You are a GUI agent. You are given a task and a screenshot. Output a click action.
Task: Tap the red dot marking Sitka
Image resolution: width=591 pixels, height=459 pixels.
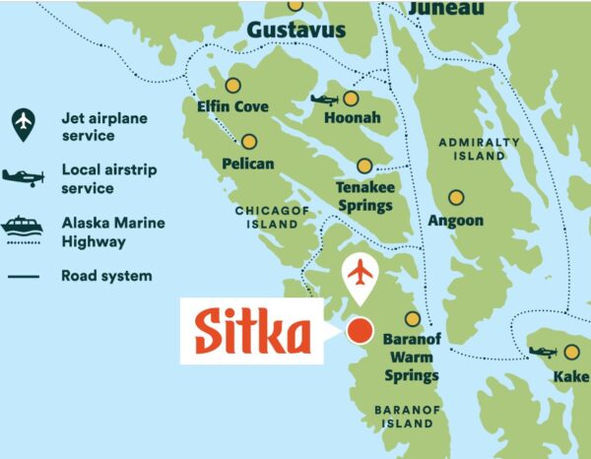[361, 330]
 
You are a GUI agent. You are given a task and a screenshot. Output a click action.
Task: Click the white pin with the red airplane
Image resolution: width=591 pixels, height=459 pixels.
[361, 275]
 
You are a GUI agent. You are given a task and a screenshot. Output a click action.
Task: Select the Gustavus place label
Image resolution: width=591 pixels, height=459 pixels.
[296, 31]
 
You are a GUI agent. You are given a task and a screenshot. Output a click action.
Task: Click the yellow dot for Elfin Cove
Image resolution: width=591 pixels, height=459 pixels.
[233, 85]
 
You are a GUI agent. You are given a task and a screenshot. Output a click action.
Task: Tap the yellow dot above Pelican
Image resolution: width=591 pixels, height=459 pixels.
[249, 141]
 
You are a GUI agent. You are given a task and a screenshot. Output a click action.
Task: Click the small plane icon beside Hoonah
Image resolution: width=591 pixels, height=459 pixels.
[324, 98]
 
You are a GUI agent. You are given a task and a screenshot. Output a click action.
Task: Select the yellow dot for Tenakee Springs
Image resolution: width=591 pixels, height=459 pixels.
[365, 166]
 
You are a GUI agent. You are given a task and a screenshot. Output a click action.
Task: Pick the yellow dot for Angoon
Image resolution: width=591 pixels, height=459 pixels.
[455, 198]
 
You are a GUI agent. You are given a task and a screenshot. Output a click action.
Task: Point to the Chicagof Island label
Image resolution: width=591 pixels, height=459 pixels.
[266, 218]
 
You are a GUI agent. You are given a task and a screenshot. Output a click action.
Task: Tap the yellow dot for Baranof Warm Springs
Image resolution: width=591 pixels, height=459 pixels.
[413, 319]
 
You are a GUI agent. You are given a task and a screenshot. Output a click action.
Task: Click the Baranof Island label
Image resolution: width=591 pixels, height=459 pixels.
[404, 416]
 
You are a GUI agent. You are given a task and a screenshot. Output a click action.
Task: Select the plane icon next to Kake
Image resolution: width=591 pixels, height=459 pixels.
[542, 352]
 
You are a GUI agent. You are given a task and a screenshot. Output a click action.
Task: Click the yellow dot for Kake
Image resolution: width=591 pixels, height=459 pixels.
[572, 352]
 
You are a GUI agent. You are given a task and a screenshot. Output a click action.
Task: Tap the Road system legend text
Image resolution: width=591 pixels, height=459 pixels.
[106, 276]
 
